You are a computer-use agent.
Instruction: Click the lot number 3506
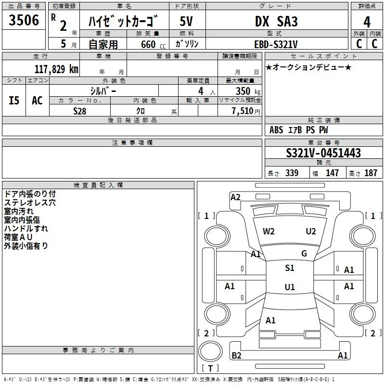pyautogui.click(x=24, y=20)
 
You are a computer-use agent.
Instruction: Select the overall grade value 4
pyautogui.click(x=367, y=22)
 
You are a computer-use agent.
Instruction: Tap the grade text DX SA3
pyautogui.click(x=276, y=21)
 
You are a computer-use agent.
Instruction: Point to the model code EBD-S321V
pyautogui.click(x=276, y=44)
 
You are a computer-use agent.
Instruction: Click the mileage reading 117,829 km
pyautogui.click(x=56, y=69)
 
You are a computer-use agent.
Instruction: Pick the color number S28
pyautogui.click(x=80, y=111)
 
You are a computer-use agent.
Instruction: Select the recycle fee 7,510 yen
pyautogui.click(x=246, y=111)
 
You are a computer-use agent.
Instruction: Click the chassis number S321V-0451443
pyautogui.click(x=323, y=153)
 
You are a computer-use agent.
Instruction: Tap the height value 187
pyautogui.click(x=371, y=173)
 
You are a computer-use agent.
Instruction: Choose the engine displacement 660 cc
pyautogui.click(x=153, y=44)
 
